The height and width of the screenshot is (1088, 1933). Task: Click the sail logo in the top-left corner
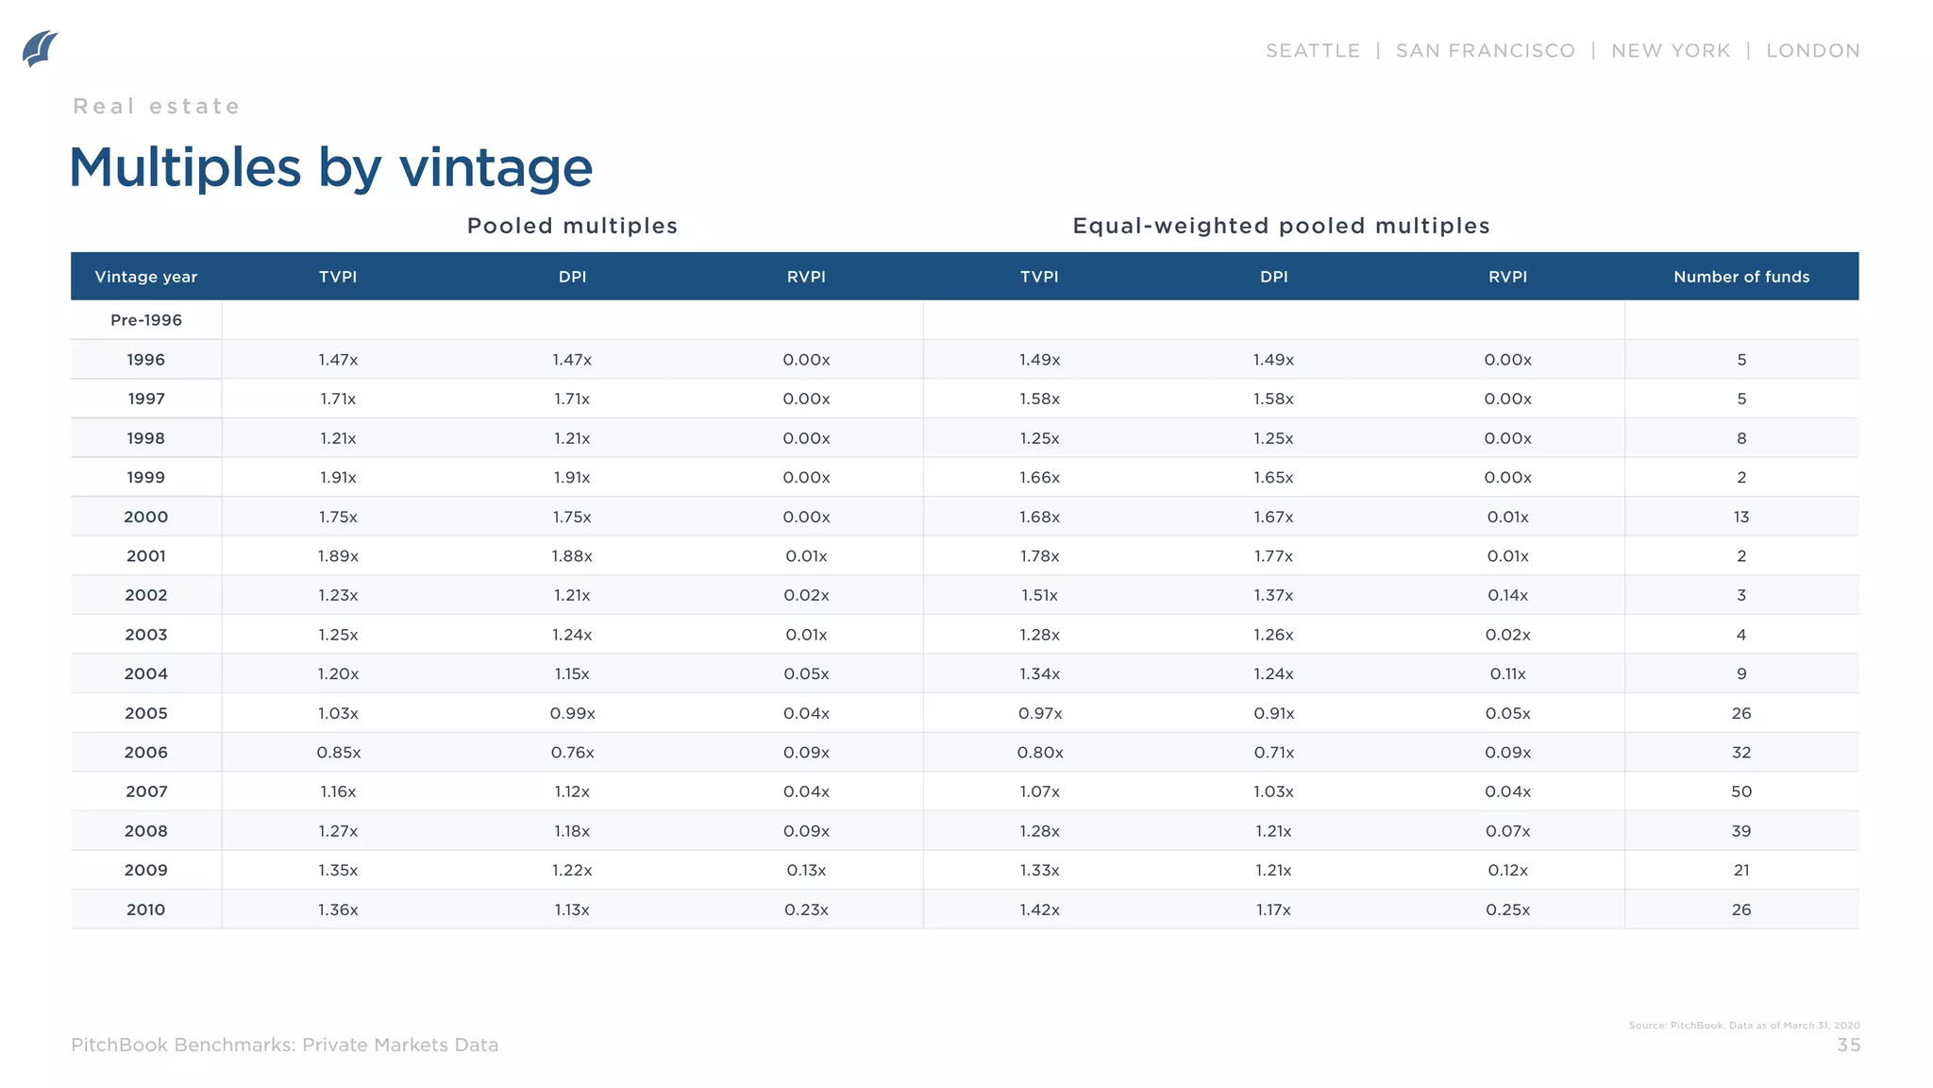[40, 48]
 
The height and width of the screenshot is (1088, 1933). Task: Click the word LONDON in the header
[1812, 51]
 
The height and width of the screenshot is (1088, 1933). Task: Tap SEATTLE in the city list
[1312, 51]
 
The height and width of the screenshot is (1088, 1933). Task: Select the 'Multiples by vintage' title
[330, 168]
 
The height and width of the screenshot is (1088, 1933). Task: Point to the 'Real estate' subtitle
[157, 107]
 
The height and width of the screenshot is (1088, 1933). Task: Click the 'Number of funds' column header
[1740, 277]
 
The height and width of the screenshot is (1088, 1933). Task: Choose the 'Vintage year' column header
[146, 277]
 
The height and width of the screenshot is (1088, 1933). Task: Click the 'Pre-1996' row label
[146, 320]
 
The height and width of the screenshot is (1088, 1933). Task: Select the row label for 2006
[146, 753]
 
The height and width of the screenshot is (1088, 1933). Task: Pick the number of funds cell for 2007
[1740, 792]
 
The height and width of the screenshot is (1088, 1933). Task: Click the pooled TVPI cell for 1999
[338, 478]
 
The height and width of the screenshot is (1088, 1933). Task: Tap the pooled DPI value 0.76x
[572, 753]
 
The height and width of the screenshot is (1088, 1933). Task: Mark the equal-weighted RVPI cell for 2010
[1507, 910]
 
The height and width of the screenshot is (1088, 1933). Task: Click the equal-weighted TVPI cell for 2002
[1039, 596]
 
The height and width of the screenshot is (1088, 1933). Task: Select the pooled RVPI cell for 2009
[806, 871]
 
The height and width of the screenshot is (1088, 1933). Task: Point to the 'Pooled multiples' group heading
[572, 227]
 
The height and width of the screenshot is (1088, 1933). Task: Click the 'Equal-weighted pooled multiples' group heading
[1281, 227]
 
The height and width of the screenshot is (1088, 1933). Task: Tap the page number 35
[1848, 1045]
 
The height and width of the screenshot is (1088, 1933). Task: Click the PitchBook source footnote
[1743, 1026]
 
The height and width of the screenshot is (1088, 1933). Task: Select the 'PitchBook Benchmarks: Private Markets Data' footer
[284, 1045]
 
